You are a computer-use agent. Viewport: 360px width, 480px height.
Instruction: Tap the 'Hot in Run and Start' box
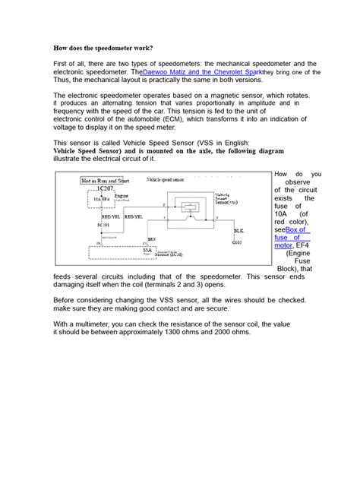[106, 181]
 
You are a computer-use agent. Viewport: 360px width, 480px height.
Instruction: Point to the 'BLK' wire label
[238, 230]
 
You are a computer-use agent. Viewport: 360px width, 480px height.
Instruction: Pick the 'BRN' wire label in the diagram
[152, 238]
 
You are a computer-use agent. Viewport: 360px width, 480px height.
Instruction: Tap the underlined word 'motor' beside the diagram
[283, 246]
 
